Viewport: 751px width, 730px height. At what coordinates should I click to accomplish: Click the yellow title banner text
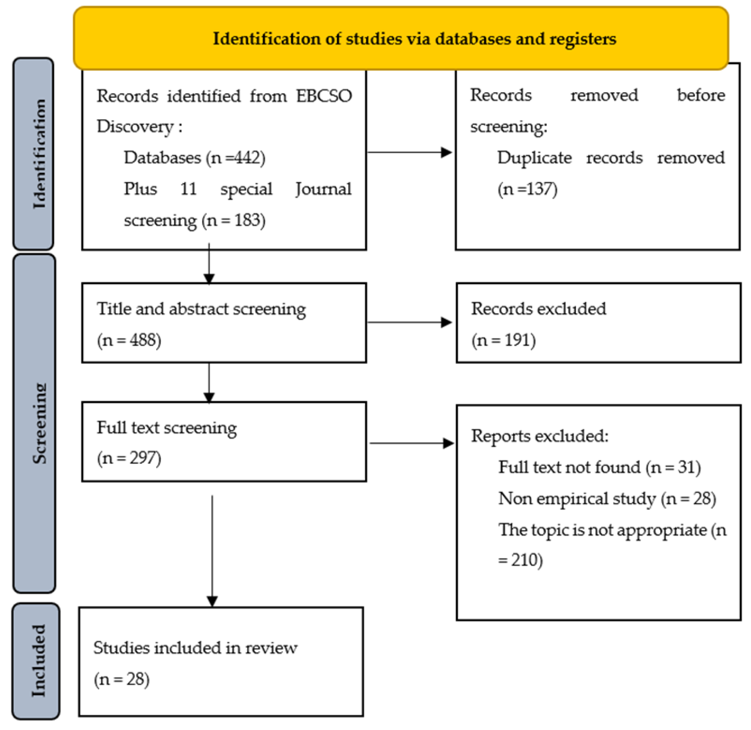[414, 39]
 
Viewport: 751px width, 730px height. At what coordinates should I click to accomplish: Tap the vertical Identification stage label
[40, 154]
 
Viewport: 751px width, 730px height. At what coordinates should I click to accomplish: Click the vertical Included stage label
[39, 661]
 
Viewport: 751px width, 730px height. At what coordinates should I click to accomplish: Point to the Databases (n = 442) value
[195, 157]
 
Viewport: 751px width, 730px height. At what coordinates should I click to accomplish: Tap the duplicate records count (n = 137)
[527, 189]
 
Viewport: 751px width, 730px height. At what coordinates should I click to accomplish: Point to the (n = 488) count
[129, 340]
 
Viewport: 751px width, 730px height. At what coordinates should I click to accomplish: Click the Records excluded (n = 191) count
[504, 340]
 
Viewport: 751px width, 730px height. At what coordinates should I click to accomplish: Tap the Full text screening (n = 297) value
[129, 458]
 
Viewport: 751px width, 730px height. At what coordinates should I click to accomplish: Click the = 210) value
[520, 560]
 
